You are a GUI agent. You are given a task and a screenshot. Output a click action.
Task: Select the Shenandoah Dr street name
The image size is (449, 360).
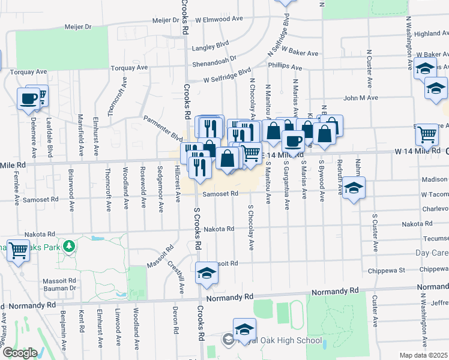click(x=215, y=62)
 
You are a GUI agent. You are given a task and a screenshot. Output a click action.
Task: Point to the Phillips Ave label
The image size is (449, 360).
click(x=285, y=65)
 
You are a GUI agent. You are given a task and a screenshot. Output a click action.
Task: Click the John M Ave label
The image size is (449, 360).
click(x=360, y=97)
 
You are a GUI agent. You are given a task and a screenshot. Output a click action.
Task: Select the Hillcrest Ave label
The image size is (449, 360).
click(x=177, y=185)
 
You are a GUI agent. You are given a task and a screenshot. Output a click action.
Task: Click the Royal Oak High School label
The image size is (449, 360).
click(x=282, y=341)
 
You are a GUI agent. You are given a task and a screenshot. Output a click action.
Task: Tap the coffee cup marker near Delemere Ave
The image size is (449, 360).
click(x=28, y=98)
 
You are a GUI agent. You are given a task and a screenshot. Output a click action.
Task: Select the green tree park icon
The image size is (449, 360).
click(x=70, y=246)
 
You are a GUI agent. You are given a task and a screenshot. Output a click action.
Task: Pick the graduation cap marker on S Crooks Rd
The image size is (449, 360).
click(x=206, y=272)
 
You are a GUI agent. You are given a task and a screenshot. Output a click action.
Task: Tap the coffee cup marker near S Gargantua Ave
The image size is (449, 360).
click(x=292, y=141)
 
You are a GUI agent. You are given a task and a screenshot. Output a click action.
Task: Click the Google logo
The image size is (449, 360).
click(x=20, y=353)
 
